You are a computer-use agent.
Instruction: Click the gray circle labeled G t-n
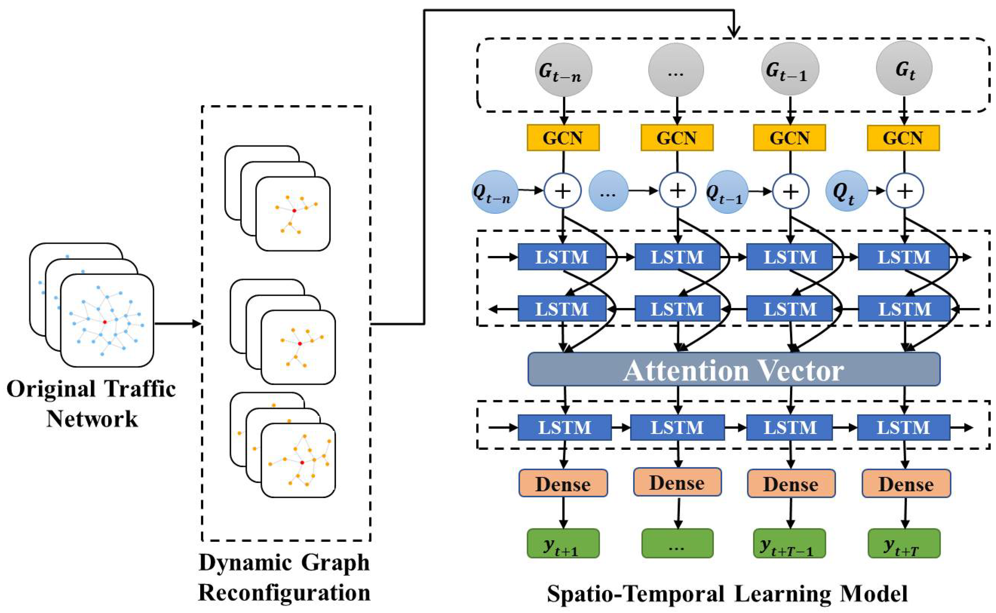[x=563, y=70]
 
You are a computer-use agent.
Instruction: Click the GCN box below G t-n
[x=563, y=138]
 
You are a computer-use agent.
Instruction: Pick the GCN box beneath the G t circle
[x=903, y=138]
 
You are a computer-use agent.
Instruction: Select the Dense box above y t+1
[x=563, y=484]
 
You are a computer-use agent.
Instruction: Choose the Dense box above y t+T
[x=906, y=484]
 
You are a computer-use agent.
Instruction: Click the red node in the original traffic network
[x=105, y=322]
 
